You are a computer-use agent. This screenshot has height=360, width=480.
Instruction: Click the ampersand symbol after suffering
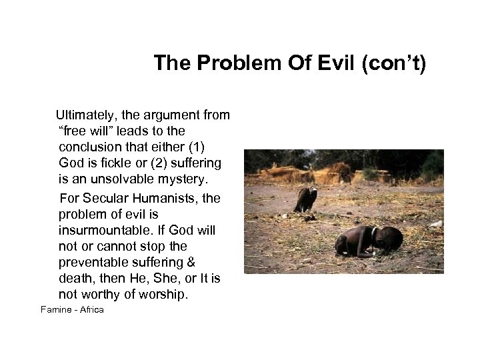point(189,262)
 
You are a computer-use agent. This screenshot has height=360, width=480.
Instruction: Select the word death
point(75,278)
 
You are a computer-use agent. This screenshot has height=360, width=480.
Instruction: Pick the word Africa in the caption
point(91,310)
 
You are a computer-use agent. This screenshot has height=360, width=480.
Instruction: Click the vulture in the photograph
point(305,199)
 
